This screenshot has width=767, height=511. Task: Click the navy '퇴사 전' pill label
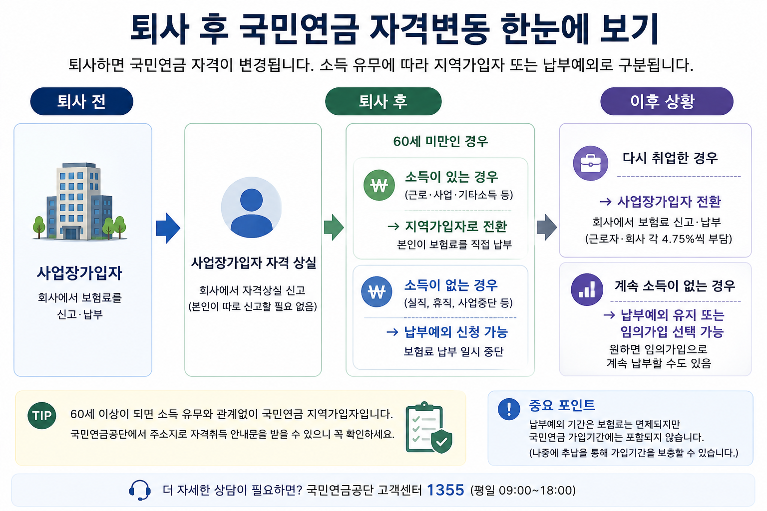click(81, 101)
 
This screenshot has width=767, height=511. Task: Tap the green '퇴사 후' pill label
click(383, 101)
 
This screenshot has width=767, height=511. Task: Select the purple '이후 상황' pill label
click(667, 101)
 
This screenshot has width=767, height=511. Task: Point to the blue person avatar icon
click(251, 208)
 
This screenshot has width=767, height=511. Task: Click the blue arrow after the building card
click(168, 228)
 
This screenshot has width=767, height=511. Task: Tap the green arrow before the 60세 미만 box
click(334, 227)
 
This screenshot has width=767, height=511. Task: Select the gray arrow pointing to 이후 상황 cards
click(547, 227)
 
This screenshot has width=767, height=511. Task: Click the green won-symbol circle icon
click(379, 185)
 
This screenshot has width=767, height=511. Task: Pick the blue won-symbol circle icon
click(377, 291)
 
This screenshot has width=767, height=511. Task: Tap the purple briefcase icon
click(591, 163)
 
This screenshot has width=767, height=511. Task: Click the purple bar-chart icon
click(587, 289)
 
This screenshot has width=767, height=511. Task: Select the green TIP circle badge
click(42, 416)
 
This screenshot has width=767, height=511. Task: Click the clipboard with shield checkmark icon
click(429, 428)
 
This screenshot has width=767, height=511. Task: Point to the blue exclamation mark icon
click(509, 409)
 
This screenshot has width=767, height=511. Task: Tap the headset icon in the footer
click(140, 490)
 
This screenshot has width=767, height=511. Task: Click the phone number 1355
click(445, 490)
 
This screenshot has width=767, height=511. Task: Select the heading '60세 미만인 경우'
click(440, 141)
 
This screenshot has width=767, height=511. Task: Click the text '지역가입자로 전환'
click(456, 226)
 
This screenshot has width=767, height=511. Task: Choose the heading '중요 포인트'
click(562, 405)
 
